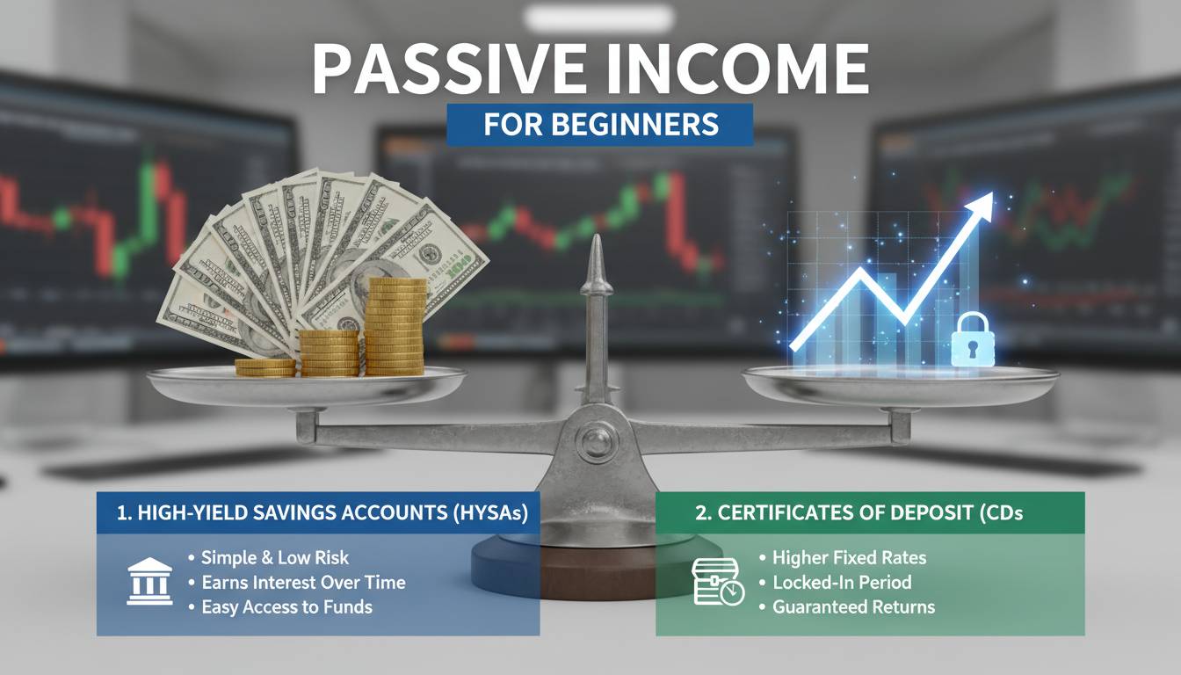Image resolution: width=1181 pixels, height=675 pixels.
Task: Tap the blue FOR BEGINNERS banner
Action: [x=600, y=125]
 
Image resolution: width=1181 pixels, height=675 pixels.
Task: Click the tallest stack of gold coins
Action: [x=395, y=325]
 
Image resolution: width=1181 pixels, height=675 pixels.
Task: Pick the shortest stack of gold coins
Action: [x=264, y=367]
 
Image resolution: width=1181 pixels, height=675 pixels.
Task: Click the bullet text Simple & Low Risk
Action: [x=275, y=557]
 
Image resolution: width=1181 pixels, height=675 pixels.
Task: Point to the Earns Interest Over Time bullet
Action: [x=303, y=582]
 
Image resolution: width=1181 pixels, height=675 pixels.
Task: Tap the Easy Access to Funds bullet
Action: [x=286, y=606]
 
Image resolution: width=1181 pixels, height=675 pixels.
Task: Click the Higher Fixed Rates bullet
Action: [x=849, y=557]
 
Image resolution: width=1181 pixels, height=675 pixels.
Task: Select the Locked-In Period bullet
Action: [x=842, y=582]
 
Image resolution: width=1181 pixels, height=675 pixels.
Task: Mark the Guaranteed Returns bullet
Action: [x=853, y=606]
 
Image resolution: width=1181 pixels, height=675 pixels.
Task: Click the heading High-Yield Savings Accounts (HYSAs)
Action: [x=322, y=514]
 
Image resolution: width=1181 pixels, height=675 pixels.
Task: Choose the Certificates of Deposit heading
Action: [x=859, y=514]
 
